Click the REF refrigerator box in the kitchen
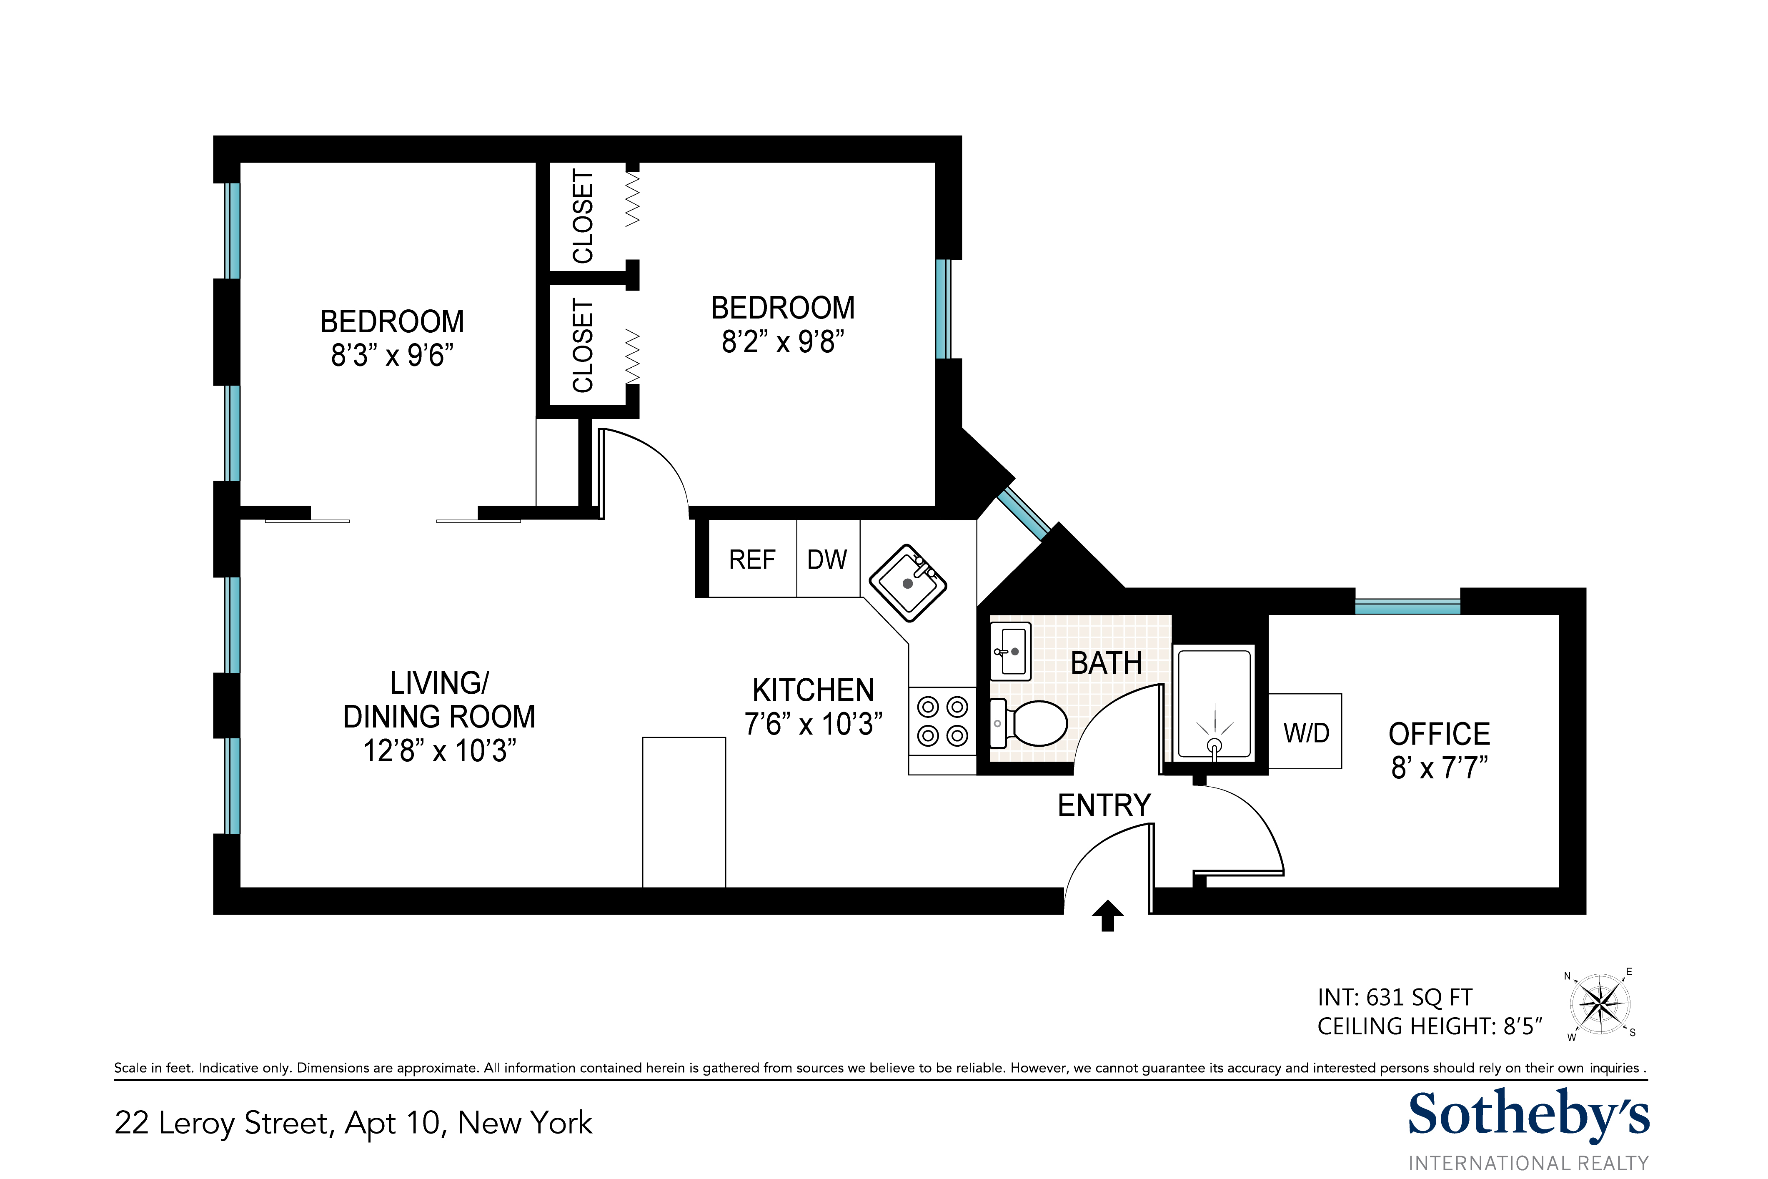[752, 559]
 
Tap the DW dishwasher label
[827, 559]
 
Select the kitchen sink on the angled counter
[907, 583]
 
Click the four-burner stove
[942, 721]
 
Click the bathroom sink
[1010, 651]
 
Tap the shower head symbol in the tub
[1214, 745]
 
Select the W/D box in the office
[1306, 732]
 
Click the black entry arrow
[1107, 916]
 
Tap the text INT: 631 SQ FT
[1395, 997]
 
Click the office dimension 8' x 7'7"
[1439, 768]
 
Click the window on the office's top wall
[1407, 606]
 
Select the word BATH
[1106, 663]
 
